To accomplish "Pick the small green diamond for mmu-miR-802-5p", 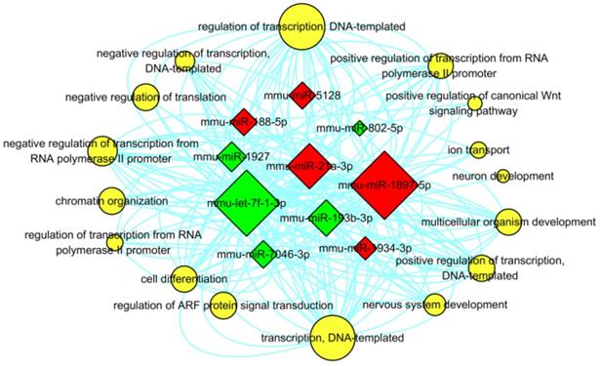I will [359, 128].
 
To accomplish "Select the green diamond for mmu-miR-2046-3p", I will [262, 257].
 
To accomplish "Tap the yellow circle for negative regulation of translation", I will [145, 97].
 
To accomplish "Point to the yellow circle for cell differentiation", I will [182, 279].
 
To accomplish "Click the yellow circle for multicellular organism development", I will [507, 223].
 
